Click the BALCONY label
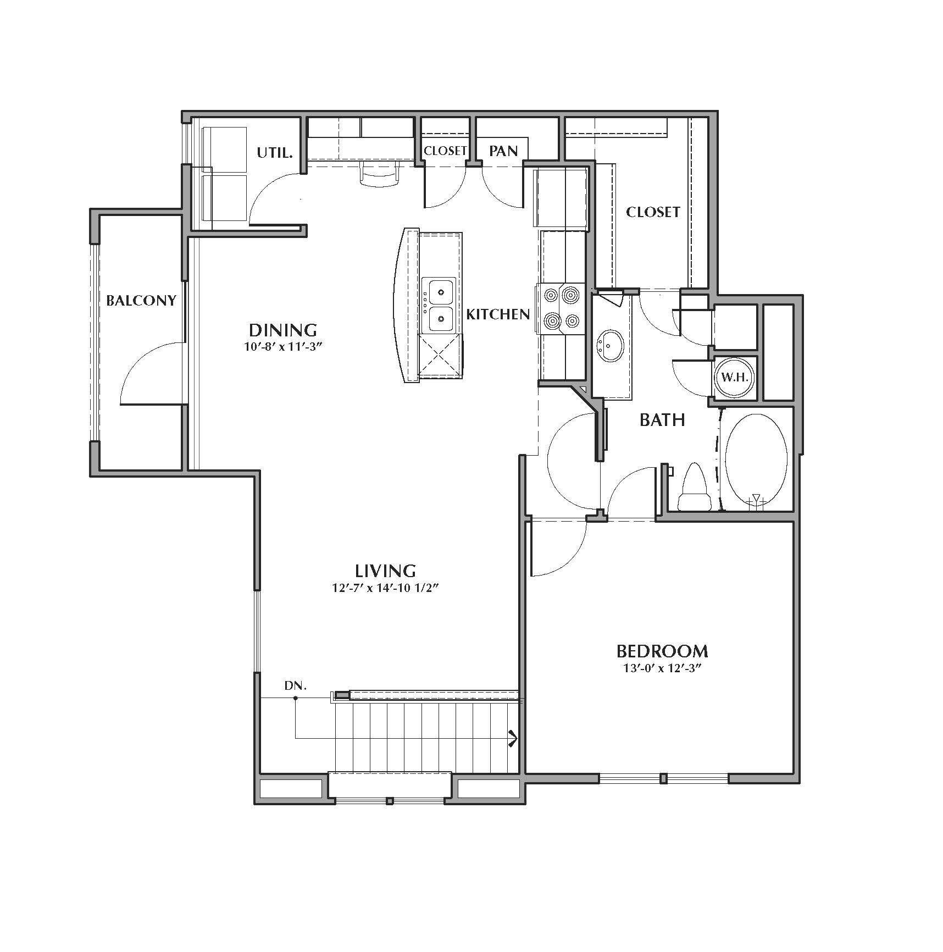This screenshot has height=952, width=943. (x=141, y=301)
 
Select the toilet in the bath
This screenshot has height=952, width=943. (x=693, y=489)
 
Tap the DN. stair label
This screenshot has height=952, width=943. (x=295, y=686)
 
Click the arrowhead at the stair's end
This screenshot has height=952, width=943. (x=513, y=739)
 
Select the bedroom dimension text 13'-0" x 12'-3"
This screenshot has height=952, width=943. (x=662, y=669)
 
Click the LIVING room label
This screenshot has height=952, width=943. (x=385, y=570)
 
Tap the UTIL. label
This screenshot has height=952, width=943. (x=275, y=152)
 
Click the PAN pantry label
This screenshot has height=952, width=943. (x=503, y=151)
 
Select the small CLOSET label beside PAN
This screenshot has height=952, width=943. (x=445, y=151)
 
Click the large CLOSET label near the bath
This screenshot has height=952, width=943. (x=653, y=212)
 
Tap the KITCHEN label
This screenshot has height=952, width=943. (x=498, y=314)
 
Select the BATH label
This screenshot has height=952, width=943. (x=662, y=420)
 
